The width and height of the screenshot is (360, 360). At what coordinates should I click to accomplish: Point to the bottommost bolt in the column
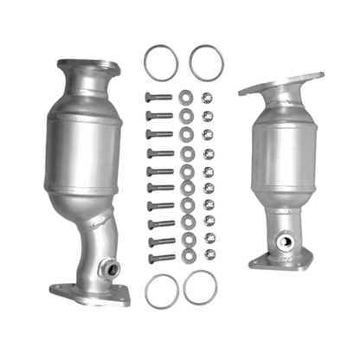point(161,258)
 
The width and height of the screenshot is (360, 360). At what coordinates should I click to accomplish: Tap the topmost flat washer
point(186,96)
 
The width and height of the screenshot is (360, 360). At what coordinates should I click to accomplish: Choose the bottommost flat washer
point(185,254)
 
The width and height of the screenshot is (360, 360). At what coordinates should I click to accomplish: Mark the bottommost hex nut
point(209,254)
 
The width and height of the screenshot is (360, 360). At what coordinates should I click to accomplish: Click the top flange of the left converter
point(87,67)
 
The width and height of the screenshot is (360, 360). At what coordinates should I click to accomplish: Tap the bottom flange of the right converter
point(280,257)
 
